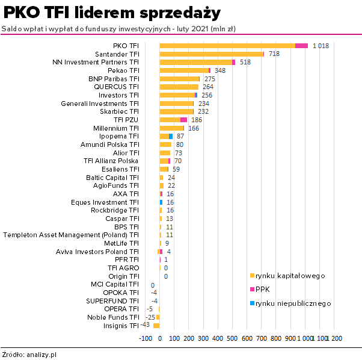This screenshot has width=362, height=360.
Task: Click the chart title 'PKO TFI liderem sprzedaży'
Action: click(112, 13)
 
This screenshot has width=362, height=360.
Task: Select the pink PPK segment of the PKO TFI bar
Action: click(301, 46)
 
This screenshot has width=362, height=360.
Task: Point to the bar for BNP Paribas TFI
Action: click(179, 79)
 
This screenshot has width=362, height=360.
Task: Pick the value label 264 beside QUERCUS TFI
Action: click(208, 87)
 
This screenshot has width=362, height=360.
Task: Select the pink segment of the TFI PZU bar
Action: click(183, 120)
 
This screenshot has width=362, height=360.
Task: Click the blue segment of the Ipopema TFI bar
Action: click(171, 137)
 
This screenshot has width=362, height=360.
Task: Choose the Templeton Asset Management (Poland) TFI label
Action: click(71, 235)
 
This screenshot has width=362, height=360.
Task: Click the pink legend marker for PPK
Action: click(252, 290)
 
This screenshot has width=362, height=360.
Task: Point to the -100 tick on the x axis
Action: click(146, 339)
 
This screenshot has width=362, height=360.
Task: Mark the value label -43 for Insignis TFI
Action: click(145, 325)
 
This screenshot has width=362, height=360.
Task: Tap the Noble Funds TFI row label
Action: click(113, 317)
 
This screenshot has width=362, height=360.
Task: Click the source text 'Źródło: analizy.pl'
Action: click(29, 355)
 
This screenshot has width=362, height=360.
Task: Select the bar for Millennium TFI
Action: click(171, 128)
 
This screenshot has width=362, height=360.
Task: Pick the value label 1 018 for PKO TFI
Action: click(321, 46)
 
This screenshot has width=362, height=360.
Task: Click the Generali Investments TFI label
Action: click(100, 104)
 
